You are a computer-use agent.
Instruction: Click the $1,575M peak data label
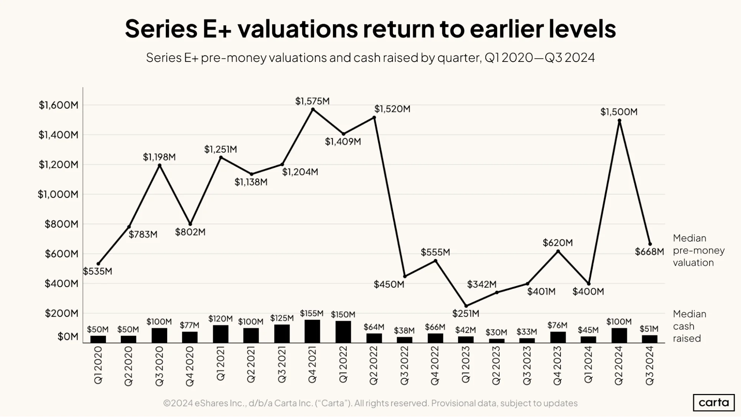[x=312, y=101]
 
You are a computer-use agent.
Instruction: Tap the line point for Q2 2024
[x=619, y=120]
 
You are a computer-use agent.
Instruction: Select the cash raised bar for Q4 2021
[x=312, y=331]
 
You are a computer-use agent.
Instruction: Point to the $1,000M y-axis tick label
[x=58, y=194]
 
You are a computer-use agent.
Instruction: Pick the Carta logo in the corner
[x=714, y=403]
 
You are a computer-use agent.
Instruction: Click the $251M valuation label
[x=466, y=314]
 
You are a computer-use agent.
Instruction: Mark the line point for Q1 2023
[x=466, y=306]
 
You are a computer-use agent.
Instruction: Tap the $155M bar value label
[x=312, y=314]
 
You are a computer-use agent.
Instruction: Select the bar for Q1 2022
[x=343, y=332]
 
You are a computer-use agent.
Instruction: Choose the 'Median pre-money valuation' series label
[x=699, y=250]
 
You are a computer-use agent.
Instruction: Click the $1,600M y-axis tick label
[x=59, y=105]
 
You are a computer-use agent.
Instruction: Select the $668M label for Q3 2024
[x=649, y=252]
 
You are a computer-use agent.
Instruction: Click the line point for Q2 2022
[x=374, y=118]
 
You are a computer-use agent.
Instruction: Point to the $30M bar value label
[x=496, y=332]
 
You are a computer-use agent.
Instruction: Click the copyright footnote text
[x=370, y=403]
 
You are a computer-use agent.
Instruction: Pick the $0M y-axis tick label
[x=68, y=337]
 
